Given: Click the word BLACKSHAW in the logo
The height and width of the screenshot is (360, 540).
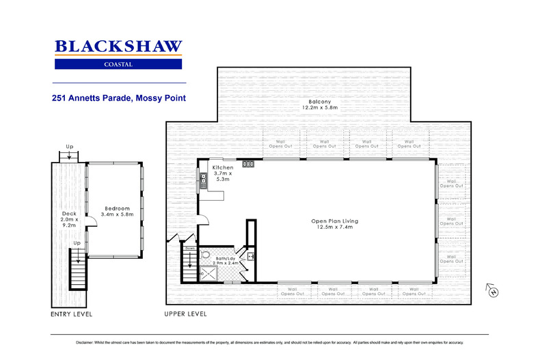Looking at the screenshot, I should [x=118, y=46].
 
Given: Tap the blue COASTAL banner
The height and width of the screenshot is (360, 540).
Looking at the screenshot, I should [x=118, y=64].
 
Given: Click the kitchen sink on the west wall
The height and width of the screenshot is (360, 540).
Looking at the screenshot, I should [x=204, y=180].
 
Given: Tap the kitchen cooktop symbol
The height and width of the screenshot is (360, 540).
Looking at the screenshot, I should [x=249, y=164].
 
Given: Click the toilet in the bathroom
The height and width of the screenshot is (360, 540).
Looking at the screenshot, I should [x=205, y=255].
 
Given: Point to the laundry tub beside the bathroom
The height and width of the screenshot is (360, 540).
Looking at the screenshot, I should [x=251, y=256].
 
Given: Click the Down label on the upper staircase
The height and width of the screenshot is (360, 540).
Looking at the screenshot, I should [x=189, y=249].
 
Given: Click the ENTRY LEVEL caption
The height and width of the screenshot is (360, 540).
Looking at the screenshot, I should [x=71, y=314].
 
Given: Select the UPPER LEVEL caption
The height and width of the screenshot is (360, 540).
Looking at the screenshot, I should [x=185, y=314].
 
